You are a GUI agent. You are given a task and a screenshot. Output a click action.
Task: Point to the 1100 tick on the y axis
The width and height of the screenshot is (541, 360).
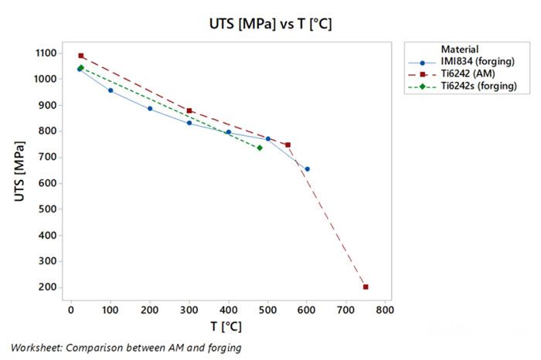click(44, 53)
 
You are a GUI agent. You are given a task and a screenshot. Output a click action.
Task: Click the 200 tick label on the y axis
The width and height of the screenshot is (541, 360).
click(47, 287)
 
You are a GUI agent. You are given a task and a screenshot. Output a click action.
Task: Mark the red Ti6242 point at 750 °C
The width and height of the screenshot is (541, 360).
click(366, 287)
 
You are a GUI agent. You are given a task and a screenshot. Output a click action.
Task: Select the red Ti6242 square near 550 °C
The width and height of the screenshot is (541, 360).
click(288, 144)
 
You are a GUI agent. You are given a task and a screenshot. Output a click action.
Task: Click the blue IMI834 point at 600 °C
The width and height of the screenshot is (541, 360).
click(307, 169)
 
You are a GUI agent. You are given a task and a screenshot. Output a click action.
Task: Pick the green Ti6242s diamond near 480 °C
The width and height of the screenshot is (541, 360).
click(260, 148)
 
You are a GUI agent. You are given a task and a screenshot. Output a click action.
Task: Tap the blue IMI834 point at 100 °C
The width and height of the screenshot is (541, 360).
click(111, 90)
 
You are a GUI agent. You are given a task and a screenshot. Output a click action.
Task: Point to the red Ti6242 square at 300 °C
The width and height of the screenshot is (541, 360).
click(189, 110)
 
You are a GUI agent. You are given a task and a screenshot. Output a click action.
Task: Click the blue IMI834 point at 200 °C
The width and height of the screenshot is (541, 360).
click(150, 108)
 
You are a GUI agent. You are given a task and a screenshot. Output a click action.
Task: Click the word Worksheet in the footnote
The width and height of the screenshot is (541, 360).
click(35, 348)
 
